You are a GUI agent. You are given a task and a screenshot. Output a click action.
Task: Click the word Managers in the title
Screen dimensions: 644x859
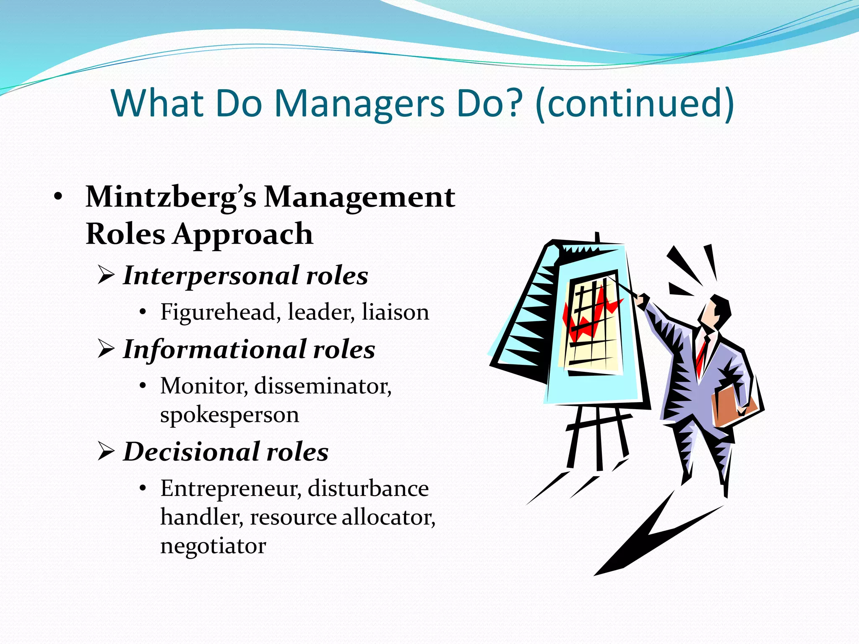point(359,104)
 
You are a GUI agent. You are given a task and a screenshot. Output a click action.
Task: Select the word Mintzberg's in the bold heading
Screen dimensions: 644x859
point(171,197)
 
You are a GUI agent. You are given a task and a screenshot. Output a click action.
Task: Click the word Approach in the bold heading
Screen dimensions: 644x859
point(243,234)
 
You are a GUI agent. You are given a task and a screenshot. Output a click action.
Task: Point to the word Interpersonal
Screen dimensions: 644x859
point(211,276)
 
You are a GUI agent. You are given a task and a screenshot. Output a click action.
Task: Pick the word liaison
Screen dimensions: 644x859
point(395,312)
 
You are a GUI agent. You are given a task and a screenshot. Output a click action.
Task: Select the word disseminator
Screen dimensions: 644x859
point(323,386)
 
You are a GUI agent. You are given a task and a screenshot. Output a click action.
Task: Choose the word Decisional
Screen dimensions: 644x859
point(191,452)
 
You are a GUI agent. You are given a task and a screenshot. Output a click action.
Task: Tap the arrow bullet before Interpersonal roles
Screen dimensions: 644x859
point(106,275)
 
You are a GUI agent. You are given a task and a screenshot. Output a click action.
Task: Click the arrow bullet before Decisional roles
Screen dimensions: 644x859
point(106,452)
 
